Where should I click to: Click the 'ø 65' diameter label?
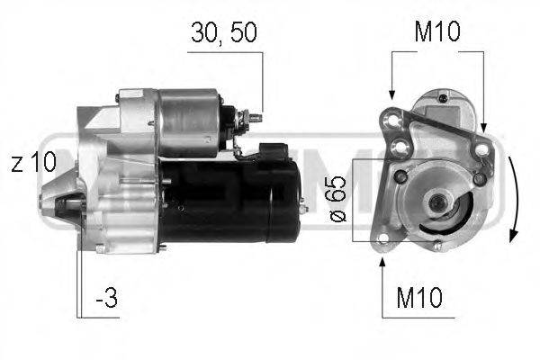tap(335, 201)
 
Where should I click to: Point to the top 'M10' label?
tap(436, 33)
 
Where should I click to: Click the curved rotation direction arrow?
tap(512, 198)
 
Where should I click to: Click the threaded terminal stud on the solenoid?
tap(256, 117)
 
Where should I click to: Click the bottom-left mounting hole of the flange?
tap(384, 238)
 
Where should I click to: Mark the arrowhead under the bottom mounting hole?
tap(382, 261)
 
